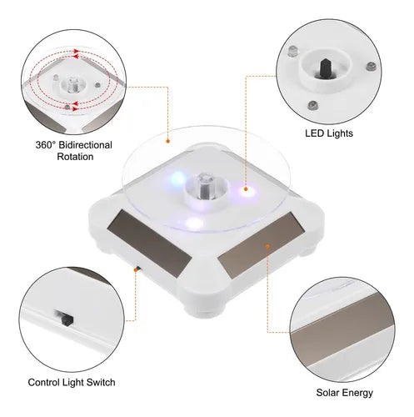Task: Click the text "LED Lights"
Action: (329, 133)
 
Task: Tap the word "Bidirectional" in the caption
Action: (86, 145)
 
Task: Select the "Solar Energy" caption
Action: (344, 393)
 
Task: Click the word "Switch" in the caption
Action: (101, 382)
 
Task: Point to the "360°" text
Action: (46, 145)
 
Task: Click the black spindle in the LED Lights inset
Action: (324, 68)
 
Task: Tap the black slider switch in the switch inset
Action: (67, 319)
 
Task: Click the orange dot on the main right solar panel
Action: (267, 246)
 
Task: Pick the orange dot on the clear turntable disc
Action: (167, 141)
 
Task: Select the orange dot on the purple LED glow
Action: (246, 189)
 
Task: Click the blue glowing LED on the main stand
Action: (177, 178)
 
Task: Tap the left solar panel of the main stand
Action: (149, 239)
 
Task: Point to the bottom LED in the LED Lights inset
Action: (312, 105)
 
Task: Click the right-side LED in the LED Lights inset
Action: (371, 67)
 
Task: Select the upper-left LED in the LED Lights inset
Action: (292, 52)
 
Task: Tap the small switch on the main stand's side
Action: (137, 269)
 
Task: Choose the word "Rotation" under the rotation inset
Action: (75, 157)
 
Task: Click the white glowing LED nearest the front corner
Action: (194, 223)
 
